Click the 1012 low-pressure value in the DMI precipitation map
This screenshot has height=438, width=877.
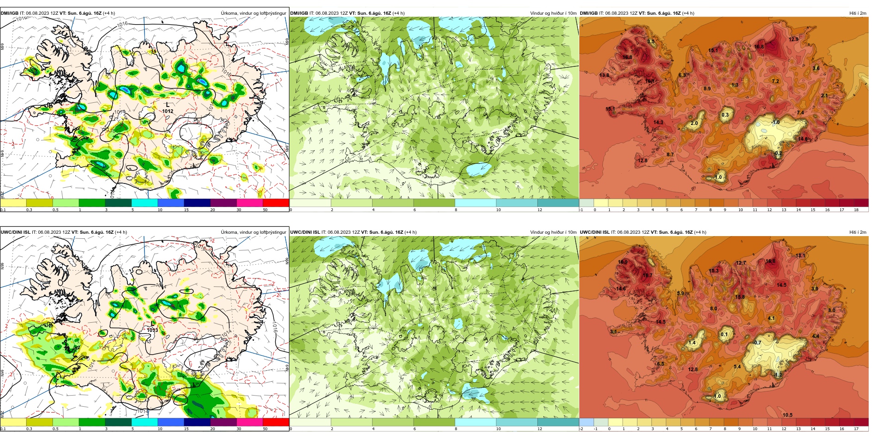168,111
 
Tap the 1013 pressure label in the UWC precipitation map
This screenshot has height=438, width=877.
152,330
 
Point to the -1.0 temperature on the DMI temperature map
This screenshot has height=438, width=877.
775,122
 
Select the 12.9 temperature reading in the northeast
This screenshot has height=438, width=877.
793,40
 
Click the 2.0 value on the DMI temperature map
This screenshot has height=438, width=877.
694,124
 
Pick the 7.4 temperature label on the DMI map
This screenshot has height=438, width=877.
800,112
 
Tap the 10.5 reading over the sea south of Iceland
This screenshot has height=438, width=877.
787,415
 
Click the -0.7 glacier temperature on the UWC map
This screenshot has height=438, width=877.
757,343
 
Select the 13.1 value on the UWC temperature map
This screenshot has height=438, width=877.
800,256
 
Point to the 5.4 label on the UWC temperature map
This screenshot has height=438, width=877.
737,367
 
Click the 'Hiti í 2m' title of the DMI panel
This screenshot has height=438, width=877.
857,13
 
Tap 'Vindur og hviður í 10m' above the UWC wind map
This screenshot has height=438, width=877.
553,232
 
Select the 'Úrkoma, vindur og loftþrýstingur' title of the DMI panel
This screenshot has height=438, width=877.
253,13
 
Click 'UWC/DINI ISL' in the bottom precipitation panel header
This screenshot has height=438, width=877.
15,232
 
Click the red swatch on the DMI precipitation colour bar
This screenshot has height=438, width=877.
276,202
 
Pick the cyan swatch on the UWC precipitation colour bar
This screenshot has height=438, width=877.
144,422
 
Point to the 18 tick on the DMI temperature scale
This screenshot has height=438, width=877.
856,210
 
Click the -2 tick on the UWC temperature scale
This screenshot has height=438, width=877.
581,429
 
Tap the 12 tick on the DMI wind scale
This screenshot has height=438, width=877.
540,210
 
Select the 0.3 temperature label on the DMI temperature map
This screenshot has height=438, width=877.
725,115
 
